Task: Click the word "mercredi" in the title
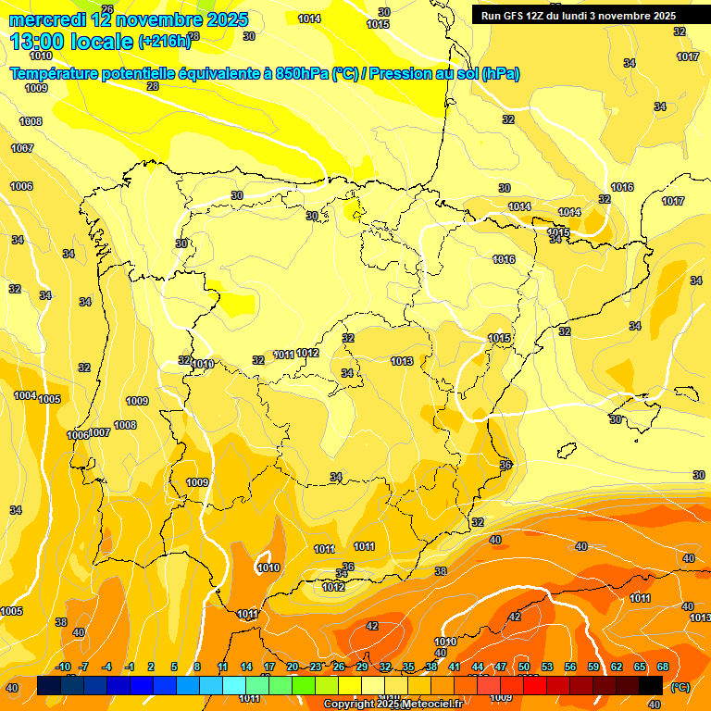click(46, 19)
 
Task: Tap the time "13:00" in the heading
click(39, 42)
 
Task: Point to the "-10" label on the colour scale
click(63, 667)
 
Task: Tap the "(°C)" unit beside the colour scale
click(680, 687)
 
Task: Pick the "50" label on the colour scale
click(524, 667)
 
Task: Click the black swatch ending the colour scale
click(651, 685)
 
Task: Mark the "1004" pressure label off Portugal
click(25, 395)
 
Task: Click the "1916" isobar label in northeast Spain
click(504, 259)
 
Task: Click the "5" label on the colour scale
click(174, 667)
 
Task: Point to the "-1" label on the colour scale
click(130, 667)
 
